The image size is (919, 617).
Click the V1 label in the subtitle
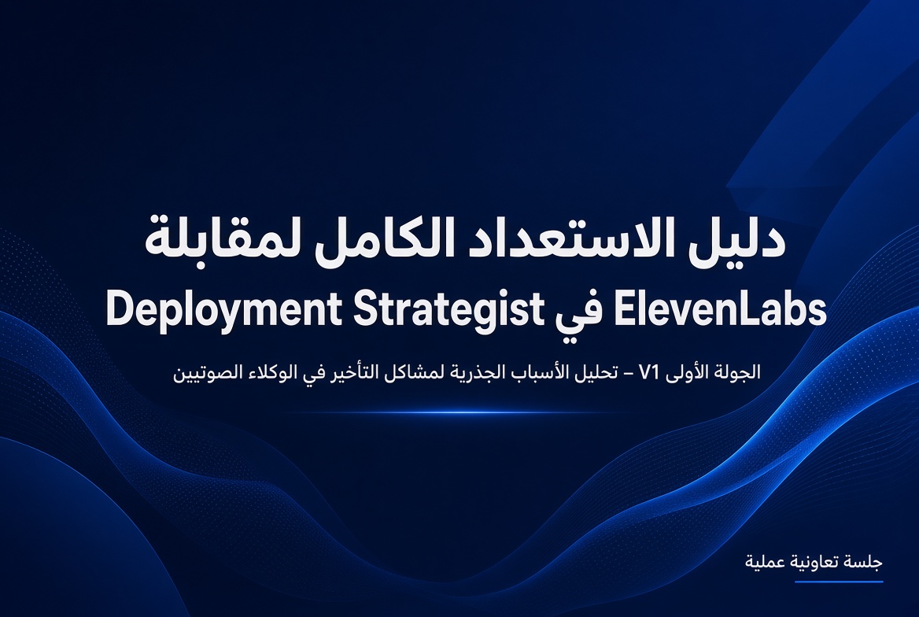[649, 372]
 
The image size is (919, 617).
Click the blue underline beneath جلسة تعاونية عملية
[839, 582]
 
